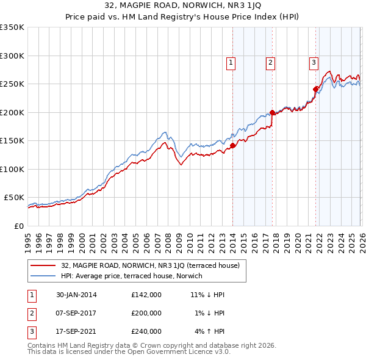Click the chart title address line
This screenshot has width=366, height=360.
point(183,7)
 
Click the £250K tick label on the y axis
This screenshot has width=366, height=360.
point(12,84)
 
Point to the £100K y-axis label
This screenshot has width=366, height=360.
point(12,169)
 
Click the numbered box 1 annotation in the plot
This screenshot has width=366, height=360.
point(231,62)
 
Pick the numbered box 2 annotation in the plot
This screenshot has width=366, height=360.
point(270,62)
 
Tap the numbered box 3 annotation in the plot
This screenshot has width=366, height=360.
point(314,62)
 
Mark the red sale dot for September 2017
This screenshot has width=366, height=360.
point(272,112)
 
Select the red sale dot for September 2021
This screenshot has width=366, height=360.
point(316,89)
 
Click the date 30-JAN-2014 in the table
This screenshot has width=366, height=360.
point(73,295)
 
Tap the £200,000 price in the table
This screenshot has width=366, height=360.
point(146,313)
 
